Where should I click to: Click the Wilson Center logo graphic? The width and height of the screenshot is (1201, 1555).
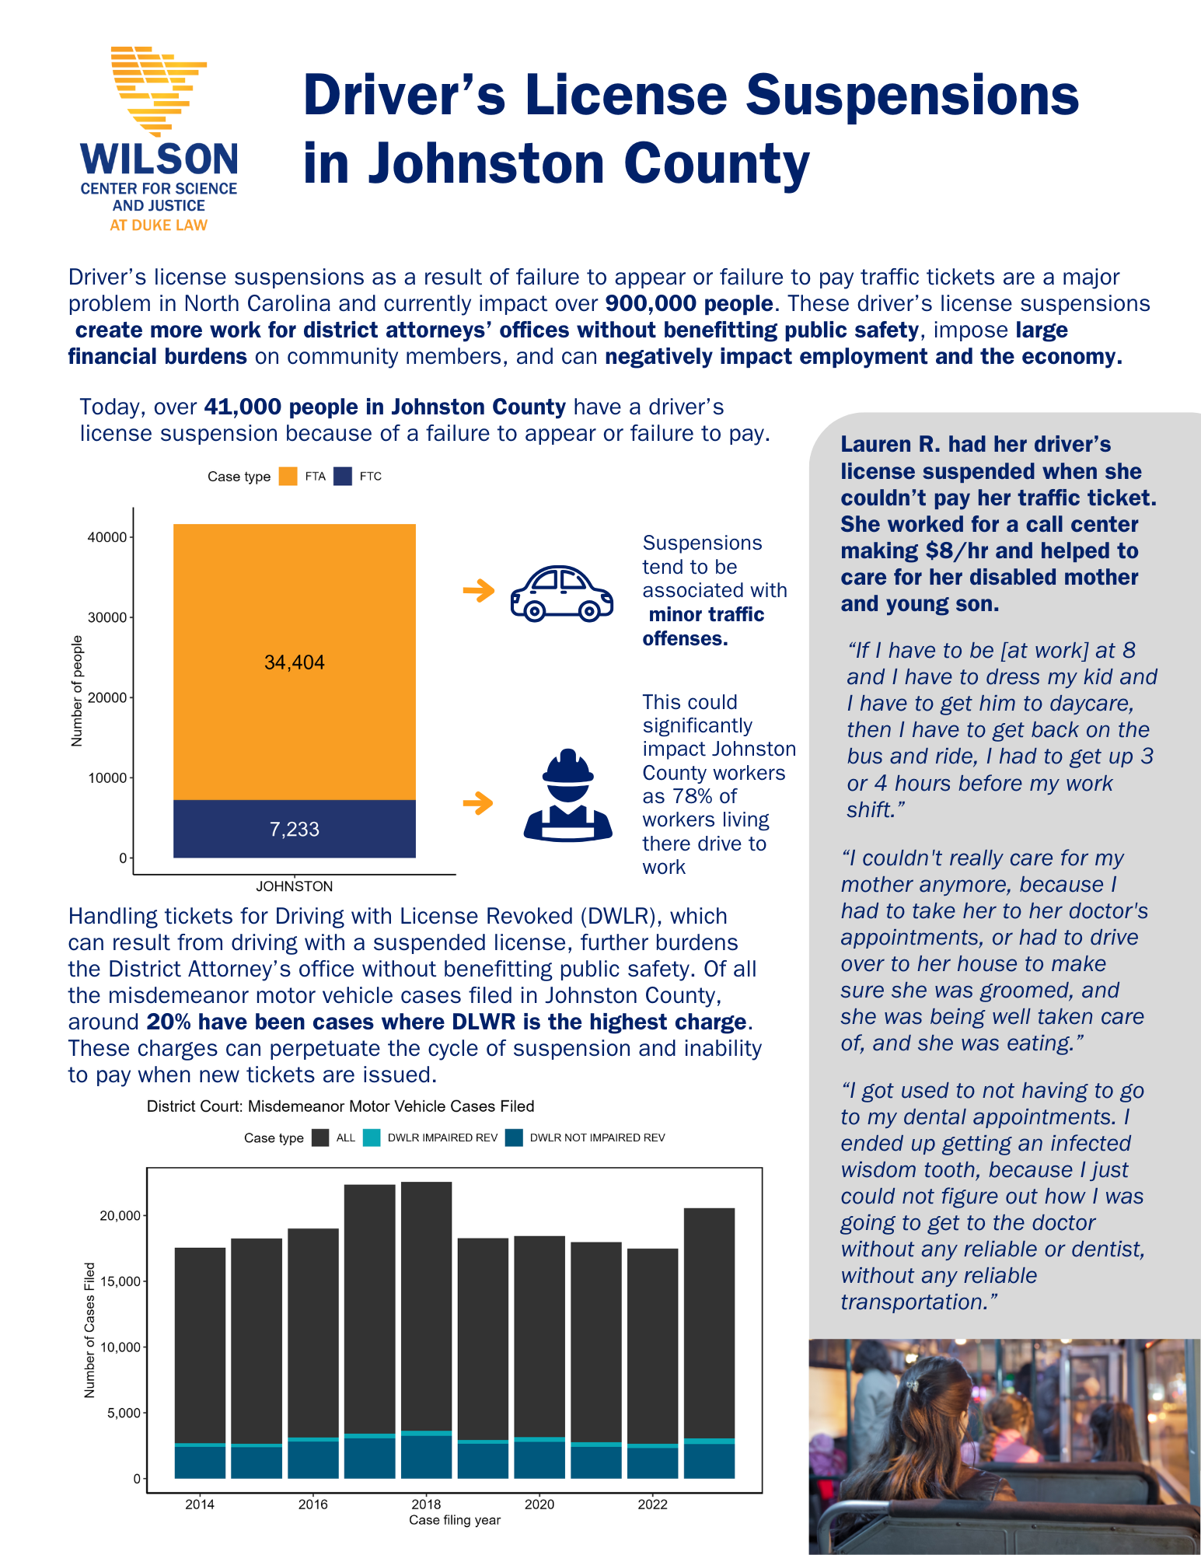click(159, 89)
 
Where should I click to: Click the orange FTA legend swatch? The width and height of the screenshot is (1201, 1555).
click(288, 477)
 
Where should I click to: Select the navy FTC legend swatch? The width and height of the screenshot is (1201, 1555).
click(343, 477)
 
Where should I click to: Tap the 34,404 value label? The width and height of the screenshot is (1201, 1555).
click(294, 662)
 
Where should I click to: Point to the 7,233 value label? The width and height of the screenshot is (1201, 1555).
click(294, 829)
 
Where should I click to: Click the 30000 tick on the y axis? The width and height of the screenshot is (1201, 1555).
click(107, 617)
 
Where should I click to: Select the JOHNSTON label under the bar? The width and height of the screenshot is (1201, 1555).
click(294, 886)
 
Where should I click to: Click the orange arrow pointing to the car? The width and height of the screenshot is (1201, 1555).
click(479, 591)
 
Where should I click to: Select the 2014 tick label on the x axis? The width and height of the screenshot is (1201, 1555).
click(200, 1504)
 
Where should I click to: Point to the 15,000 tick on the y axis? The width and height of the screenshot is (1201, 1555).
click(120, 1281)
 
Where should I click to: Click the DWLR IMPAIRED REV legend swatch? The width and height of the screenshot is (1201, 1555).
click(372, 1137)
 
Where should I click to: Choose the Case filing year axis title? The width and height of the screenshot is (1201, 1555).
click(455, 1520)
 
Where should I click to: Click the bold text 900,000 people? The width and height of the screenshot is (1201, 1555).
click(689, 303)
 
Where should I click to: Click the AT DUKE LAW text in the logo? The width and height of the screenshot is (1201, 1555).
click(159, 225)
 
